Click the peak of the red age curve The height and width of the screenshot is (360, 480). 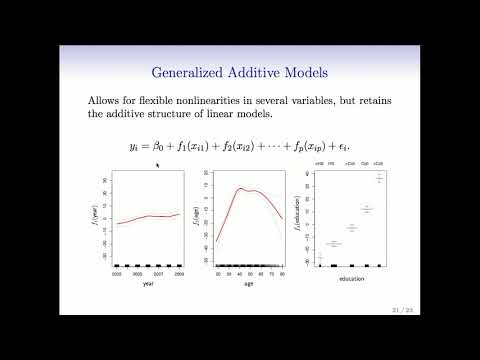(x=240, y=188)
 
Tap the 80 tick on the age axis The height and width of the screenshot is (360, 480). (x=283, y=272)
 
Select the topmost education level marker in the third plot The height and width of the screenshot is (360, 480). (x=380, y=178)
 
